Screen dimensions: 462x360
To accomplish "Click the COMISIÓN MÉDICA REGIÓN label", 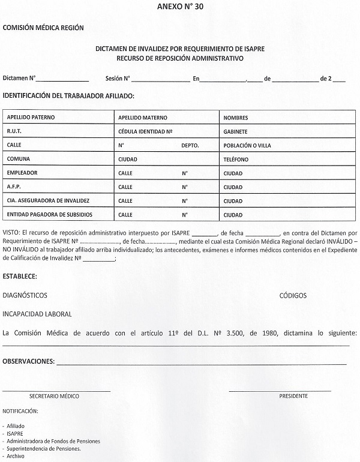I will [43, 28].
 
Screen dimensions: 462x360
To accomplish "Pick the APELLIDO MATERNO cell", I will [143, 118].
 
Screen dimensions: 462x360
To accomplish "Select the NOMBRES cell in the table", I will [235, 118].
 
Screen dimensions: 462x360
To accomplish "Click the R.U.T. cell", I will [14, 131].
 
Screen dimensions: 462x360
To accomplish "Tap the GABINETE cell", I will [235, 131].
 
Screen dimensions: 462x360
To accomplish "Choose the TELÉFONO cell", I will [235, 160].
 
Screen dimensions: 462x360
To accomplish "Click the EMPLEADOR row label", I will [22, 173].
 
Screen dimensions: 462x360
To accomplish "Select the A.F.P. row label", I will [14, 187].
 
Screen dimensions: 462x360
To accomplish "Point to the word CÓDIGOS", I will [293, 296].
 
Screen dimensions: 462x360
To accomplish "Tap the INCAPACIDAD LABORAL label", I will [37, 314].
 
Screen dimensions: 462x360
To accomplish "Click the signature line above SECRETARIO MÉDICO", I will [56, 391].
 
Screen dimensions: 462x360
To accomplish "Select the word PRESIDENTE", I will [293, 397].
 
